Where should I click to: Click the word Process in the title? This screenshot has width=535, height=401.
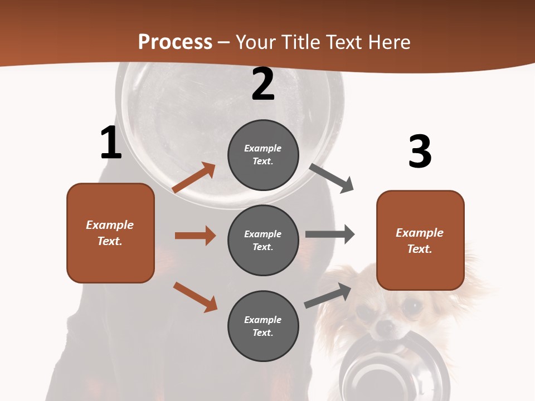(175, 42)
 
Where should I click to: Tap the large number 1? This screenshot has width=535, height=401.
(111, 143)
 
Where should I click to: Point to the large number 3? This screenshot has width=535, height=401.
(420, 151)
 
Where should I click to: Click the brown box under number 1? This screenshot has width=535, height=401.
(110, 233)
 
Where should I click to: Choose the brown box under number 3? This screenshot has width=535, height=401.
(420, 240)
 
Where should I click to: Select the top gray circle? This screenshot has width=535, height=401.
(263, 155)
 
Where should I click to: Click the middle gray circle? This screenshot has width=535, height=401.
(263, 240)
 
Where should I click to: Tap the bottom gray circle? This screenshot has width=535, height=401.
(263, 326)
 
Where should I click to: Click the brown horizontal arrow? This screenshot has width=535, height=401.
(195, 236)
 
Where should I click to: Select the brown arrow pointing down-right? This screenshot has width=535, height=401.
(195, 296)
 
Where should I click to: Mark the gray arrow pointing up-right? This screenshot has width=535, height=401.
(328, 295)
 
